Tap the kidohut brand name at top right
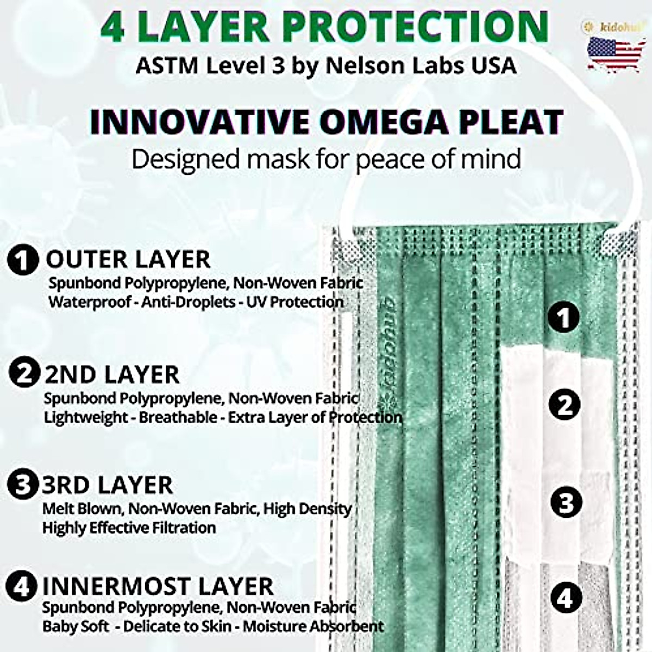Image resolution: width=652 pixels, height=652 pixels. coord(618,25)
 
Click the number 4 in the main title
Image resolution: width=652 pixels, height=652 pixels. coord(112,26)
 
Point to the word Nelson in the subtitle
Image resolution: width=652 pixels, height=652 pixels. coord(364,65)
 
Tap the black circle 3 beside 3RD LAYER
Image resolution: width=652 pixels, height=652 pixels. coord(22,484)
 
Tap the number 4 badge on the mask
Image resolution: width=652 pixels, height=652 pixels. coord(566,598)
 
